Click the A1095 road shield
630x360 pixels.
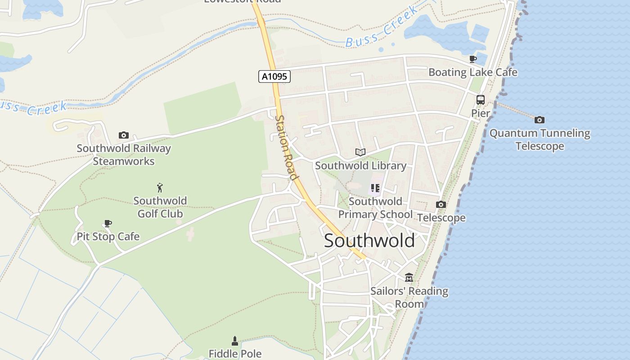coord(274,76)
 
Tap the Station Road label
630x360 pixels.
coord(287,148)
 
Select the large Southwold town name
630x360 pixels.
coord(369,241)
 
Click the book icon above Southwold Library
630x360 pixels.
coord(360,153)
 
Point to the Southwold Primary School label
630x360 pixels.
coord(375,208)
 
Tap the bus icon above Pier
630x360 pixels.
coord(481,100)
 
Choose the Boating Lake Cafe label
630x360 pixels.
coord(472,72)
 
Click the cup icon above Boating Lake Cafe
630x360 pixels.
coord(472,59)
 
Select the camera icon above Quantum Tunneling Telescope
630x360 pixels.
coord(540,120)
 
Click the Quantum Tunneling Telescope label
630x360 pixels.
coord(540,140)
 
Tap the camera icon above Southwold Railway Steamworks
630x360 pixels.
coord(124,135)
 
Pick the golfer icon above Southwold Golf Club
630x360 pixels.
coord(160,188)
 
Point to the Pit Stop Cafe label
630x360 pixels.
coord(108,237)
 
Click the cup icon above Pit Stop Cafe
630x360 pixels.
coord(108,223)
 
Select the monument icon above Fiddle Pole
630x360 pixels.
coord(234,341)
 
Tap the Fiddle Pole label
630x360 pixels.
coord(235,354)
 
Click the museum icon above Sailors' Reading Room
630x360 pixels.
coord(409,277)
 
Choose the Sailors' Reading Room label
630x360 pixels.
coord(409,297)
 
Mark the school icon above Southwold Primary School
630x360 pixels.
coord(375,188)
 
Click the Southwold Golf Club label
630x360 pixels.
coord(160,207)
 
